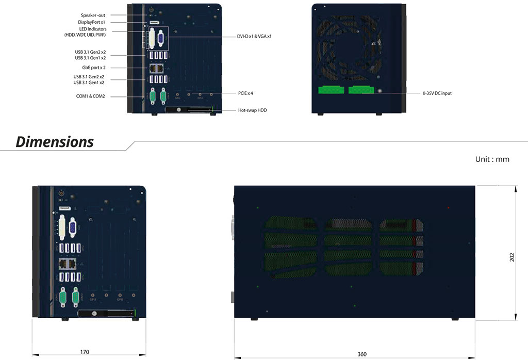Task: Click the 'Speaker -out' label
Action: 93,15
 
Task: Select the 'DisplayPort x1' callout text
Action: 92,23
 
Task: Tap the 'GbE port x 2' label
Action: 93,68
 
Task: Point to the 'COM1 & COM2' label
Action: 90,96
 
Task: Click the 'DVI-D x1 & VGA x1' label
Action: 254,37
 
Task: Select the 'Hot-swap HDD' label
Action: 253,110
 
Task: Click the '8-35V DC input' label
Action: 437,93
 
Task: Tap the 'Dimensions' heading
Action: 55,142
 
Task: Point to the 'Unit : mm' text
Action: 492,159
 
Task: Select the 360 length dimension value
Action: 362,354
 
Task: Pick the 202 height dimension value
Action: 512,257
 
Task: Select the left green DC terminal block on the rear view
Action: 331,90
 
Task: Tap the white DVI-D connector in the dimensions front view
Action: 61,230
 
